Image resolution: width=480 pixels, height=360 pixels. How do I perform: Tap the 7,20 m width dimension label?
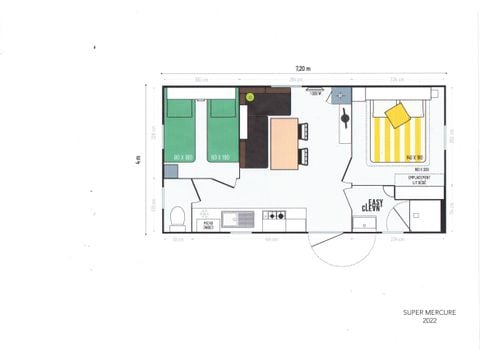(x=302, y=67)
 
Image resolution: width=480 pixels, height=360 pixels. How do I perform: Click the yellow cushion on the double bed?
(x=397, y=115)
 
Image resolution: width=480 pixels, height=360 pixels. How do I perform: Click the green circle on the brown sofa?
(x=250, y=97)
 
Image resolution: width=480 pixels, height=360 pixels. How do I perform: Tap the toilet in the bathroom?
(x=178, y=217)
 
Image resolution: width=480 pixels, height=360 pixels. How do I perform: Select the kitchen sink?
(x=237, y=217)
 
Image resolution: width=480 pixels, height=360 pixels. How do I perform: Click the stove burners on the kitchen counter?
(x=274, y=216)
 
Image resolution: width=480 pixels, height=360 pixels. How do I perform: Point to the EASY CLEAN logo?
(x=371, y=205)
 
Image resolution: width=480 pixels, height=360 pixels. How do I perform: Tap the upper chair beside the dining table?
(x=304, y=131)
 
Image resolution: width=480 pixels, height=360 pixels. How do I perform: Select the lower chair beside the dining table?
(x=304, y=154)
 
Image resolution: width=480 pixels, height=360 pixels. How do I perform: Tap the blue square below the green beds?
(x=171, y=172)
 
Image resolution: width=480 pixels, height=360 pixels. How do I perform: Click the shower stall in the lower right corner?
(x=427, y=215)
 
